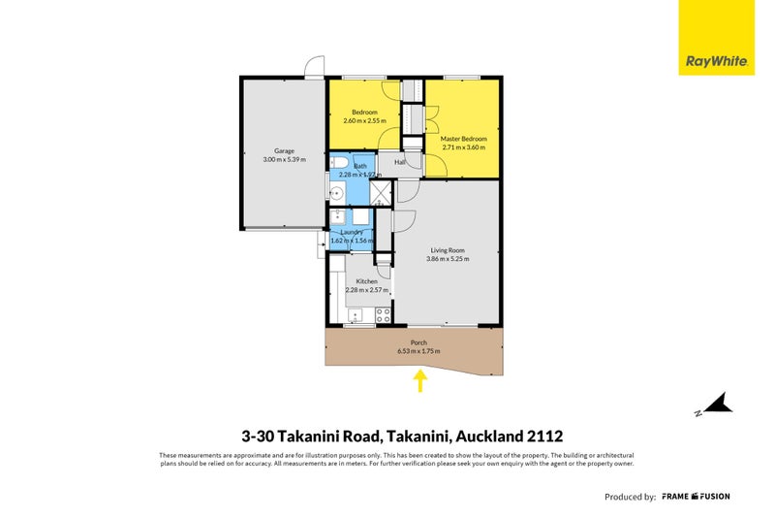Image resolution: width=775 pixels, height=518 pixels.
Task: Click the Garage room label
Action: (x=284, y=151)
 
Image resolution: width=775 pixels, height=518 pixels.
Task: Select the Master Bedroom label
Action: (x=463, y=139)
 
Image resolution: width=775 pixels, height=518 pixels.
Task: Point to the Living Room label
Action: (x=449, y=250)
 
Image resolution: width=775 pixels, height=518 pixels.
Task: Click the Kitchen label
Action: (x=366, y=281)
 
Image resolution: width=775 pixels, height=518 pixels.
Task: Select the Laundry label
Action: (x=352, y=232)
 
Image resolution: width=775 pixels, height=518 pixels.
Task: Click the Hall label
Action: (x=399, y=162)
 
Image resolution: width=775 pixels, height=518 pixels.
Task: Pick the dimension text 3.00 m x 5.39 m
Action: (x=284, y=159)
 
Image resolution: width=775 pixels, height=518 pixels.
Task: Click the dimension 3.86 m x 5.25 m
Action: (x=449, y=259)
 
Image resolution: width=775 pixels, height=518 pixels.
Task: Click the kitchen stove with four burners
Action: (x=383, y=314)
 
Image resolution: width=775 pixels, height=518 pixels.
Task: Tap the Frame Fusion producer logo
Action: (x=697, y=497)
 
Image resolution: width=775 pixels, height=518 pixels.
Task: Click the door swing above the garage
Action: (x=313, y=68)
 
